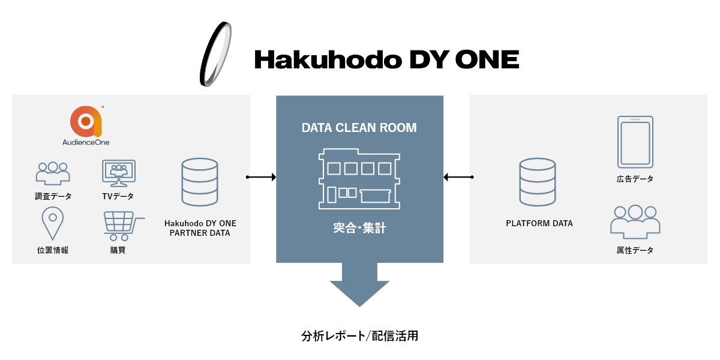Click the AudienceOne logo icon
86,121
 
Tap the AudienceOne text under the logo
86,143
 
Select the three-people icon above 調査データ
53,173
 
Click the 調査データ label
53,196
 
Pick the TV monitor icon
119,173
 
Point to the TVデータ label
118,196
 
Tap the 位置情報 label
53,250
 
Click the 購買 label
118,250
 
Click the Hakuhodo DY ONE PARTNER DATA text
200,228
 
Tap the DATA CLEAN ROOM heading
359,128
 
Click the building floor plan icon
359,179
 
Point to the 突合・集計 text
359,228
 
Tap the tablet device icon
635,142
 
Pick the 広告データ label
635,179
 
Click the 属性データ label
635,250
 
